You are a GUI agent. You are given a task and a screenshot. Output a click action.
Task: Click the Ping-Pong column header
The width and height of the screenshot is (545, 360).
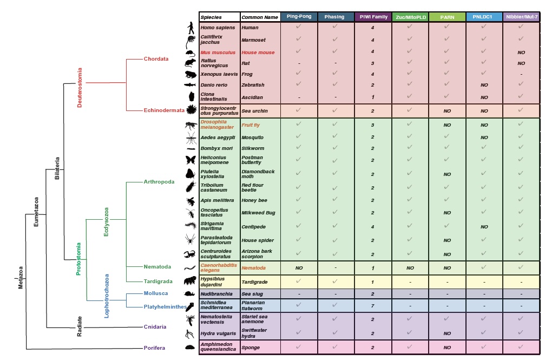pyautogui.click(x=299, y=17)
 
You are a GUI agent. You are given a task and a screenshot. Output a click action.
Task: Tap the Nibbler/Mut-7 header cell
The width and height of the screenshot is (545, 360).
pyautogui.click(x=521, y=17)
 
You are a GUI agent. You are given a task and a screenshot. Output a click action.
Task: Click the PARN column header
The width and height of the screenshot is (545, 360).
pyautogui.click(x=446, y=17)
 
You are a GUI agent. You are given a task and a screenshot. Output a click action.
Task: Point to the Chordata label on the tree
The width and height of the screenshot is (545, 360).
pyautogui.click(x=156, y=58)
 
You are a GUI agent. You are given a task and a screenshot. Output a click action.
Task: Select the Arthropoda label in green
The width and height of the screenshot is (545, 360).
pyautogui.click(x=159, y=182)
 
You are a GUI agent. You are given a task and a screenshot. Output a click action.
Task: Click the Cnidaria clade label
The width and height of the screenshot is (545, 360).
pyautogui.click(x=155, y=327)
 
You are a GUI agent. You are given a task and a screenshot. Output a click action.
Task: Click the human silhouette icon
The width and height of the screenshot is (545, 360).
pyautogui.click(x=191, y=28)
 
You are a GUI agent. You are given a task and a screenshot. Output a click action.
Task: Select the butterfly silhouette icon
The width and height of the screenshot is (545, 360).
pyautogui.click(x=191, y=160)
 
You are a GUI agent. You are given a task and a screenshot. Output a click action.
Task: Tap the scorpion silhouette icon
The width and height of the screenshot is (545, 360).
pyautogui.click(x=191, y=254)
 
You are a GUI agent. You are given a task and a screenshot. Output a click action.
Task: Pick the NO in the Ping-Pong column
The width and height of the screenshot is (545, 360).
pyautogui.click(x=299, y=268)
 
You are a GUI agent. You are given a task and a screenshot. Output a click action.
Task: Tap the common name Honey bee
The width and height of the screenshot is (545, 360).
pyautogui.click(x=254, y=200)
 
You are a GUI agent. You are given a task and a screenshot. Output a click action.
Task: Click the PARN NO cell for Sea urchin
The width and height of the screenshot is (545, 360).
pyautogui.click(x=447, y=110)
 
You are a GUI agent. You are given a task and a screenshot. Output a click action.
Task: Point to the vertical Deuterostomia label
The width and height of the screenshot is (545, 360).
pyautogui.click(x=80, y=87)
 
